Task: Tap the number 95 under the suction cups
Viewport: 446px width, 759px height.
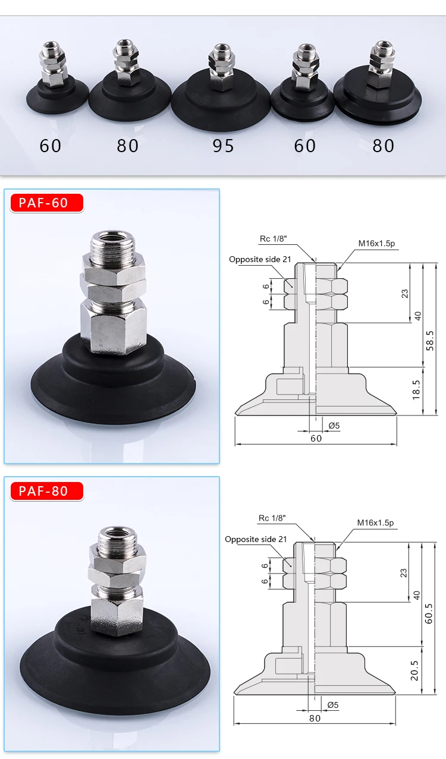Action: coord(223,146)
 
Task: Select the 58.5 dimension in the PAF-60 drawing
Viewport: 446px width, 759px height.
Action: coord(430,341)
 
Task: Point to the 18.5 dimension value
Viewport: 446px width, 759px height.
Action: coord(416,390)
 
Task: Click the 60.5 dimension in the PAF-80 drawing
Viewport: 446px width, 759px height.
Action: coord(428,613)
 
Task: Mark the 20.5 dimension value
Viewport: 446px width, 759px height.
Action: coord(414,670)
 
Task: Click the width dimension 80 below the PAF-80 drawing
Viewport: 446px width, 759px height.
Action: coord(315,719)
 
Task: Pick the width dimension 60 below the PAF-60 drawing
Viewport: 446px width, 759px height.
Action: coord(316,439)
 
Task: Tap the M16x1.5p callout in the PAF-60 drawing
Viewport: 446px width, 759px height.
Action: coord(376,243)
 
